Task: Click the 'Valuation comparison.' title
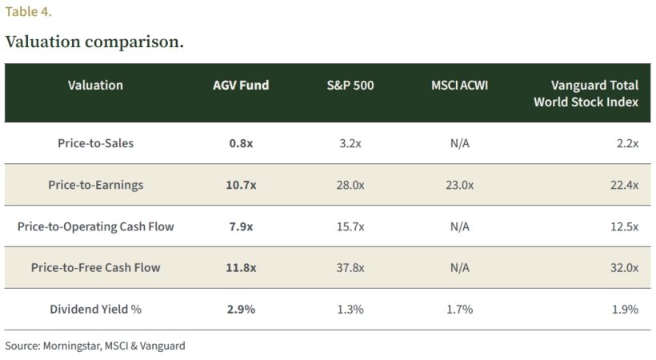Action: [x=94, y=42]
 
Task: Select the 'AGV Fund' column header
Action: [x=241, y=86]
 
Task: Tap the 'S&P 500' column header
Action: [x=350, y=86]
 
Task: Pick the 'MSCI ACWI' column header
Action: [x=459, y=86]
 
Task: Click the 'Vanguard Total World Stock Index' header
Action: [x=586, y=94]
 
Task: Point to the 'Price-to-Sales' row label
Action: [x=95, y=143]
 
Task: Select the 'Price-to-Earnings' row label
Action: [x=95, y=185]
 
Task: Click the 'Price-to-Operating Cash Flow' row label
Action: [x=95, y=226]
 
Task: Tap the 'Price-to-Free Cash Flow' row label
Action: [x=95, y=268]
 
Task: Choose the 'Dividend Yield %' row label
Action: [x=95, y=309]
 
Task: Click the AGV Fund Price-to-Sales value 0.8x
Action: [x=241, y=143]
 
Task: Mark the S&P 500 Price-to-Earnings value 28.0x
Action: [x=350, y=185]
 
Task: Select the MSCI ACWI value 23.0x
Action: [x=459, y=185]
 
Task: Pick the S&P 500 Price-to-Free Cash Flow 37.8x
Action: [x=350, y=268]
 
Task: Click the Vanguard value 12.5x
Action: [x=624, y=226]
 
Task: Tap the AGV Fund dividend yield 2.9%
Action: [x=241, y=309]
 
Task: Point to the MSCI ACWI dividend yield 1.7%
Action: [x=459, y=309]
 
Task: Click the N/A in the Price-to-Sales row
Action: [x=459, y=143]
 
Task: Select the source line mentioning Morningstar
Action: [x=94, y=346]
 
